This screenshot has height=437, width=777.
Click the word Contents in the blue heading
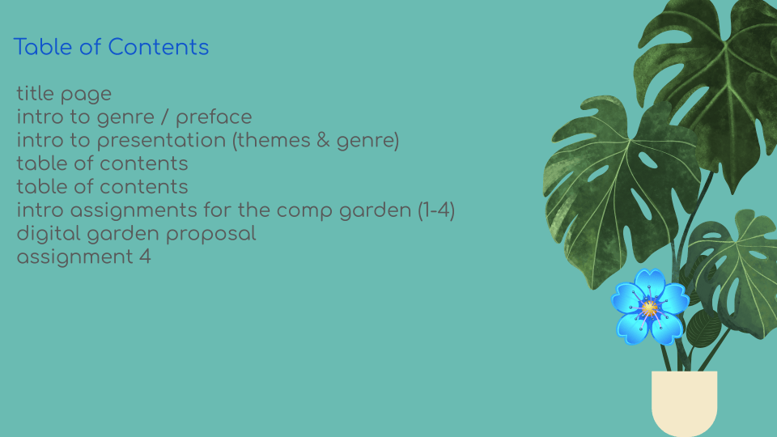point(158,47)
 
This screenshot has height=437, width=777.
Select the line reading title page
point(64,94)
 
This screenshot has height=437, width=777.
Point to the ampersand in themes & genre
point(323,140)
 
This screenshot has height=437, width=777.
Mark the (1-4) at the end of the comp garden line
point(436,210)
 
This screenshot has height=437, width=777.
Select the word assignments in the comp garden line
point(134,210)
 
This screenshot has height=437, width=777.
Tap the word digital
point(49,233)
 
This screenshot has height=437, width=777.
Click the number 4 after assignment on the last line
point(145,257)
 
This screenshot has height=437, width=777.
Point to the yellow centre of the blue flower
point(649,308)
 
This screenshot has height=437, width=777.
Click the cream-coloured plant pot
point(685,402)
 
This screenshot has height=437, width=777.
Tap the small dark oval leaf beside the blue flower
point(703,328)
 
